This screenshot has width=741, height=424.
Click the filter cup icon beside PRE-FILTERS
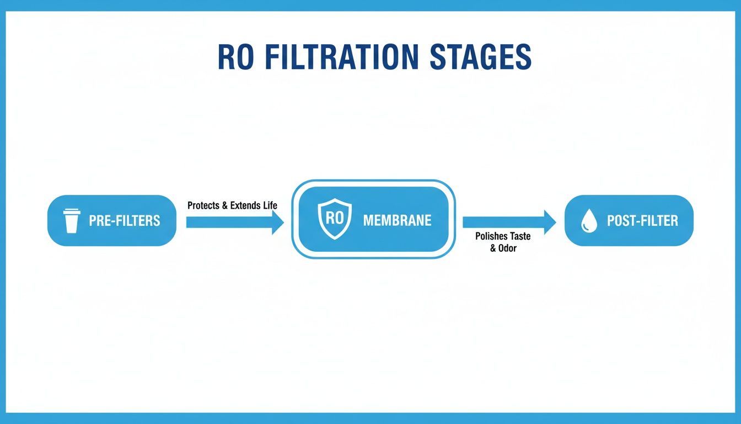(71, 221)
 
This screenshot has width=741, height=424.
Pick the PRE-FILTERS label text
(125, 221)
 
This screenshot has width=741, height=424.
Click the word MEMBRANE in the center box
(397, 220)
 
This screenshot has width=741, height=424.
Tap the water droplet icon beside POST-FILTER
(589, 221)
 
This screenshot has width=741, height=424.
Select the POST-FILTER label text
(642, 221)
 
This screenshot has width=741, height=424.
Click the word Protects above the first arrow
(204, 206)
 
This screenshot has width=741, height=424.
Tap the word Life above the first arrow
(270, 206)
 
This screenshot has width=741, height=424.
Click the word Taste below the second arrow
(519, 236)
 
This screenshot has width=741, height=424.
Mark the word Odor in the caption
(507, 248)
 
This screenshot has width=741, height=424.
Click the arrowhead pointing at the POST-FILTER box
(550, 222)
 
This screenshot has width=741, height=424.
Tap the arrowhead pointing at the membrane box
(278, 222)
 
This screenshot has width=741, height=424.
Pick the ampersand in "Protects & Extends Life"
(224, 206)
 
